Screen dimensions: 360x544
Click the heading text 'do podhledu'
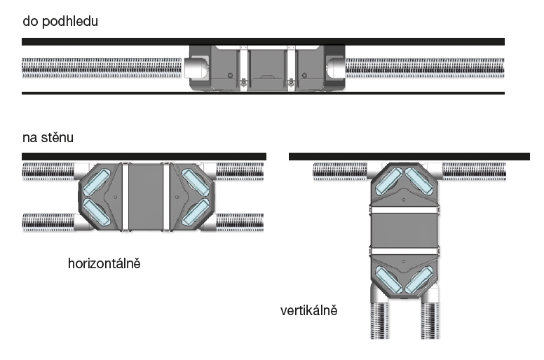(60, 21)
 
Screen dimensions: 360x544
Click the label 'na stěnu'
(48, 137)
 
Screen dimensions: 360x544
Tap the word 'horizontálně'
(104, 264)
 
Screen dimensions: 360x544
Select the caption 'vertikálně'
(309, 310)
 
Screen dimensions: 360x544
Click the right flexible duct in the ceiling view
(424, 68)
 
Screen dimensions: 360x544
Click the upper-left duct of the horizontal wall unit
(48, 171)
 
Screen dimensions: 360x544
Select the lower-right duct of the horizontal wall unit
(240, 223)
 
